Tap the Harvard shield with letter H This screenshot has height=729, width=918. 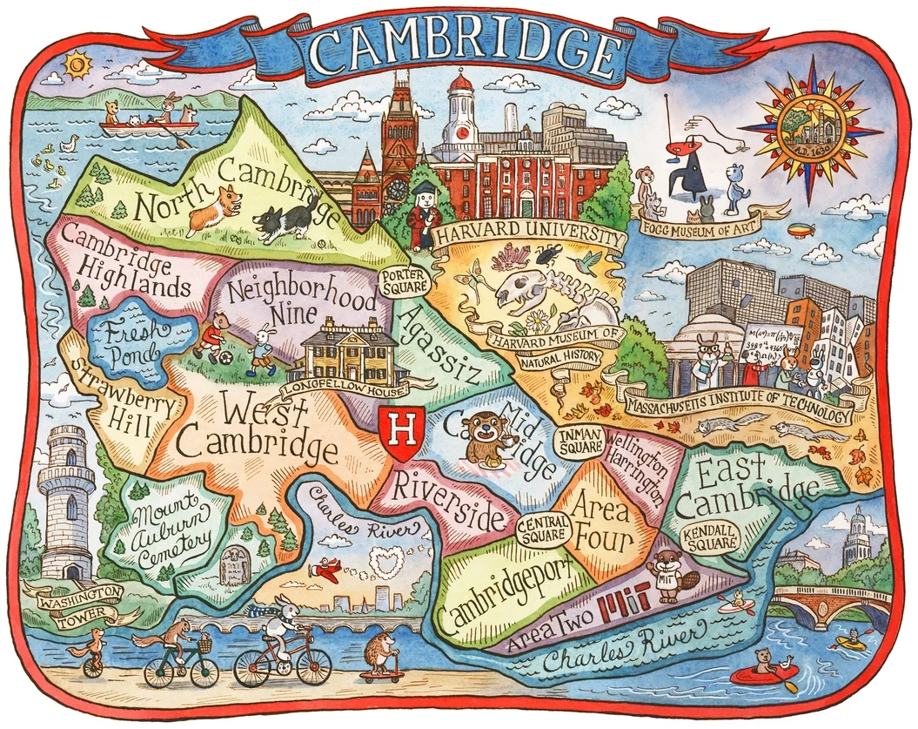(401, 432)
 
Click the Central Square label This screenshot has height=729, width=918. (543, 529)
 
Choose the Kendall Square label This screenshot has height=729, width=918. (707, 537)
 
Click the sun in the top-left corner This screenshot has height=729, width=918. (77, 64)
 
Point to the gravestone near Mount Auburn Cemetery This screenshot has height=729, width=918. (234, 567)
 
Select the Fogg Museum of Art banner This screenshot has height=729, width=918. (701, 220)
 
